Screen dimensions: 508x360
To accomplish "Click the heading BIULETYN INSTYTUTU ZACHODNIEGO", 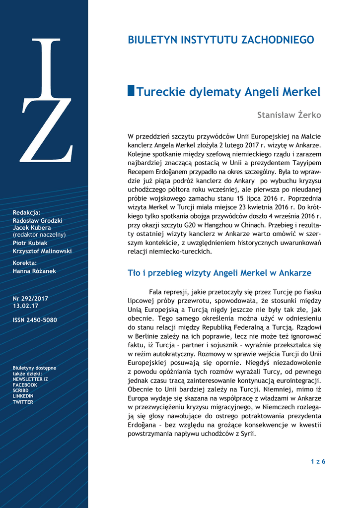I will (x=221, y=40).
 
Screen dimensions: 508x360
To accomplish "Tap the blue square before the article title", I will (x=131, y=91).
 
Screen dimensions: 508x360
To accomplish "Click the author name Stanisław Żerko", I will (x=289, y=115).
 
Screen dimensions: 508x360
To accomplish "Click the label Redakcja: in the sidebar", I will (x=27, y=212).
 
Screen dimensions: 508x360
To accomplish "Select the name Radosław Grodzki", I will (x=38, y=220).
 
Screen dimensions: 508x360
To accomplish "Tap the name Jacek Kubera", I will (x=32, y=228).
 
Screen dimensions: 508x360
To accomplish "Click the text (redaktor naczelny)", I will (x=39, y=235).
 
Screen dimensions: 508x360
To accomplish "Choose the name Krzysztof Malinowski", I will (x=42, y=251).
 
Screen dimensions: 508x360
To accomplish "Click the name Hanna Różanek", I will (x=34, y=271).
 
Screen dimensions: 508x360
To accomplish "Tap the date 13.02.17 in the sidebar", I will (x=24, y=306).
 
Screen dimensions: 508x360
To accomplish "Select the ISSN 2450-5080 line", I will (x=35, y=320).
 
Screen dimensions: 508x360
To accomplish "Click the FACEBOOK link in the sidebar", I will (x=25, y=385).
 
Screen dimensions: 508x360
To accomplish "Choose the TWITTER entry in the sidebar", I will (x=23, y=402).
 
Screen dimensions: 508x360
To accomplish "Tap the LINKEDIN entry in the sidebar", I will (x=23, y=396).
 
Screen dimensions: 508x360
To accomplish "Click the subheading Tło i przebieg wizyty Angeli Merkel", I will (x=219, y=273).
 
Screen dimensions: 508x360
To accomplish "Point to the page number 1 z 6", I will (x=318, y=462).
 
